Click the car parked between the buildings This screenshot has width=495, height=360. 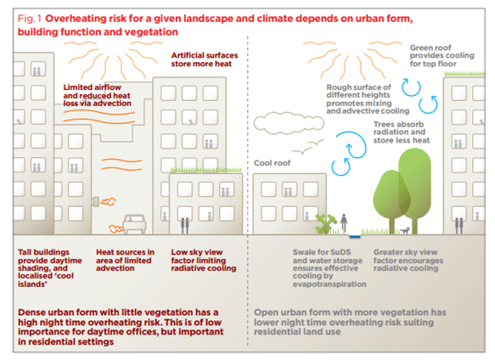tap(134, 224)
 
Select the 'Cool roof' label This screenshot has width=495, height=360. tap(273, 163)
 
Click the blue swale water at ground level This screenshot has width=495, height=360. tap(355, 236)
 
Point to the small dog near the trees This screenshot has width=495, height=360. tap(405, 230)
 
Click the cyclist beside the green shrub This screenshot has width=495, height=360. tap(344, 222)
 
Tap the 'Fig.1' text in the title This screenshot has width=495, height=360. tap(30, 19)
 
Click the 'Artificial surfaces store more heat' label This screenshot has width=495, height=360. tap(205, 59)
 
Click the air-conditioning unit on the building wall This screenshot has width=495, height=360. tap(95, 201)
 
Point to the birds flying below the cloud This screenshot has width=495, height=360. tap(308, 147)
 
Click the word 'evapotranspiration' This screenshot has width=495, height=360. tap(329, 284)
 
